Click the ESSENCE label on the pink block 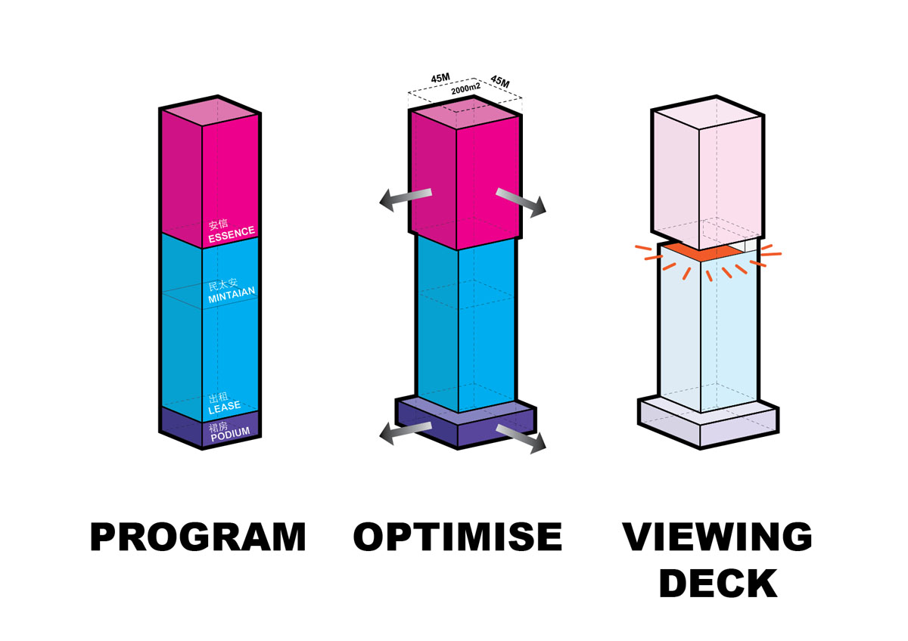click(x=232, y=234)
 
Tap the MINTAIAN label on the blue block click(x=232, y=295)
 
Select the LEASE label click(x=225, y=407)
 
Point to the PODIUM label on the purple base click(x=230, y=435)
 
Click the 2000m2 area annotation click(x=466, y=88)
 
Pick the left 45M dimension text click(x=440, y=78)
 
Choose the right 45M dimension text click(x=500, y=82)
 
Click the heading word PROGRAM click(x=197, y=537)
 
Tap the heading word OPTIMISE click(x=458, y=537)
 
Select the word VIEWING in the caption click(x=717, y=537)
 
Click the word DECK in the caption click(x=718, y=584)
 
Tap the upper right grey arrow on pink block click(x=521, y=202)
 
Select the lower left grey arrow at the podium click(x=406, y=433)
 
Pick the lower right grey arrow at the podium click(x=521, y=438)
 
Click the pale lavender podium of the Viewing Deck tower click(x=707, y=423)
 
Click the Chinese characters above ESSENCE click(x=218, y=224)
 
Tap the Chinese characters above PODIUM click(x=218, y=427)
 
